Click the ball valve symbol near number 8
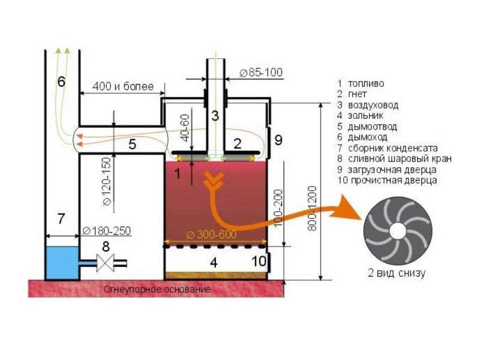(x=106, y=263)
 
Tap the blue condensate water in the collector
(x=62, y=263)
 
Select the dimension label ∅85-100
(x=261, y=73)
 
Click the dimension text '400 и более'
(x=123, y=86)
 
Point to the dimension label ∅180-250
(x=107, y=230)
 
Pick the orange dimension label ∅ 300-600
(x=211, y=235)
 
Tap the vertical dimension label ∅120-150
(x=107, y=182)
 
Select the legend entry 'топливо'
(x=366, y=83)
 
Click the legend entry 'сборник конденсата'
(x=393, y=148)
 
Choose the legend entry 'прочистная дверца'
(x=394, y=181)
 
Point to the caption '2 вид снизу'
(x=397, y=272)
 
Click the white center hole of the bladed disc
(x=398, y=231)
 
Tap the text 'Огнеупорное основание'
(x=157, y=289)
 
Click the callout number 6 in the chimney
(x=62, y=82)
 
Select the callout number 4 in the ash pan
(x=214, y=263)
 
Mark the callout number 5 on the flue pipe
(x=132, y=144)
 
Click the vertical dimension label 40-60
(x=185, y=128)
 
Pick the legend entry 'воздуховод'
(x=373, y=105)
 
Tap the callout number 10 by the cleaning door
(x=259, y=262)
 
